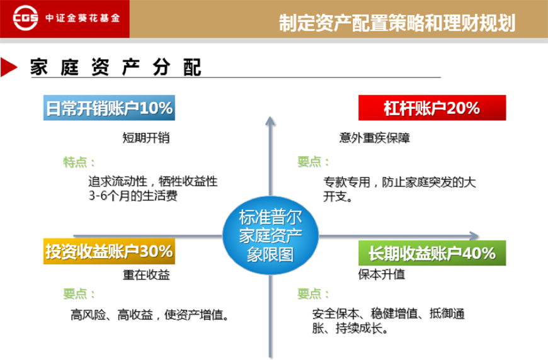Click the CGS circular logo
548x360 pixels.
tap(25, 18)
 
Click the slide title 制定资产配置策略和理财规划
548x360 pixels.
tap(397, 23)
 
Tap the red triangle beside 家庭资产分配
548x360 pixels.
tap(9, 67)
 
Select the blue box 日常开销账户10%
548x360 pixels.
tap(109, 108)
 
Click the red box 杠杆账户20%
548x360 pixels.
tap(432, 108)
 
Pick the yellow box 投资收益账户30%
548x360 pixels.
tap(109, 251)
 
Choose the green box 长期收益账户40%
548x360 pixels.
tap(432, 253)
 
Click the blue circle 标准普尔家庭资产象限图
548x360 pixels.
tap(270, 235)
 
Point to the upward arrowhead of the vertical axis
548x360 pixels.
tap(270, 120)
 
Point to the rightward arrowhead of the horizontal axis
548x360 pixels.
tap(474, 236)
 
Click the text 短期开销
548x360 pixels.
tap(146, 138)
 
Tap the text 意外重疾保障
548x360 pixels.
tap(374, 138)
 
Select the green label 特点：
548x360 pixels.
tap(79, 162)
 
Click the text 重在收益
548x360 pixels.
tap(146, 275)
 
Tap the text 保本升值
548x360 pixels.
tap(382, 274)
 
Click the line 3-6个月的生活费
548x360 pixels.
tap(133, 196)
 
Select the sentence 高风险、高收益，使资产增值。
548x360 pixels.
tap(149, 315)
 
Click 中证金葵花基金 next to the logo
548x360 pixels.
tap(83, 18)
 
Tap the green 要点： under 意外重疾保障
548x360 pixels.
tap(313, 162)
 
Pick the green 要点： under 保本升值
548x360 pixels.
tap(313, 294)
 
